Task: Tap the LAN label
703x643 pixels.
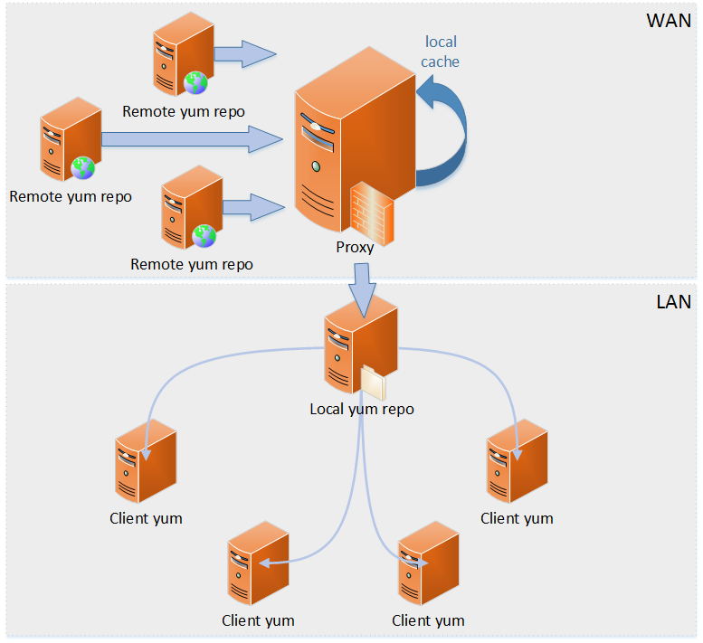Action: click(x=673, y=301)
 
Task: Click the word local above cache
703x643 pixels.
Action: click(x=441, y=42)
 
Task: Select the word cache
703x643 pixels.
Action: click(x=441, y=61)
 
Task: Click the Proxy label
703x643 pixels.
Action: click(x=355, y=247)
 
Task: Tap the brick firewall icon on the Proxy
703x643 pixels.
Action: click(x=371, y=213)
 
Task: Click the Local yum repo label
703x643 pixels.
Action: click(x=362, y=409)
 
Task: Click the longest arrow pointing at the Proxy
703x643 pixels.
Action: click(x=191, y=138)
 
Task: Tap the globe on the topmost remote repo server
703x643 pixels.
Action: click(x=195, y=83)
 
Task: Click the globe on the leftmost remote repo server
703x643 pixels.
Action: click(x=83, y=167)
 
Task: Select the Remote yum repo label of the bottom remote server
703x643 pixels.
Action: click(x=192, y=264)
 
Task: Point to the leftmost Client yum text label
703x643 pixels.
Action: click(x=146, y=518)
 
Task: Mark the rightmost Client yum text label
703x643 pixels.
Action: click(x=517, y=518)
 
